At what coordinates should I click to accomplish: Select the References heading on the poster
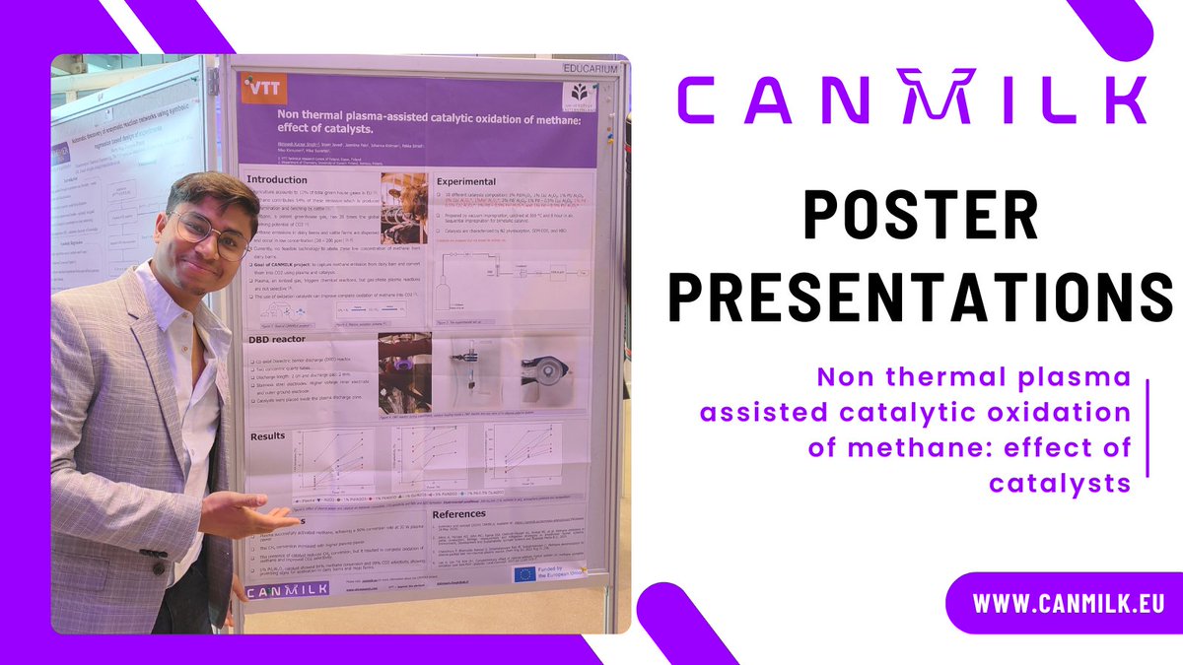tap(459, 514)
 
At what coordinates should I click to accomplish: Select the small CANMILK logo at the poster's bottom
tap(286, 591)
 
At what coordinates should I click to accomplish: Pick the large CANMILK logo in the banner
tap(910, 99)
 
